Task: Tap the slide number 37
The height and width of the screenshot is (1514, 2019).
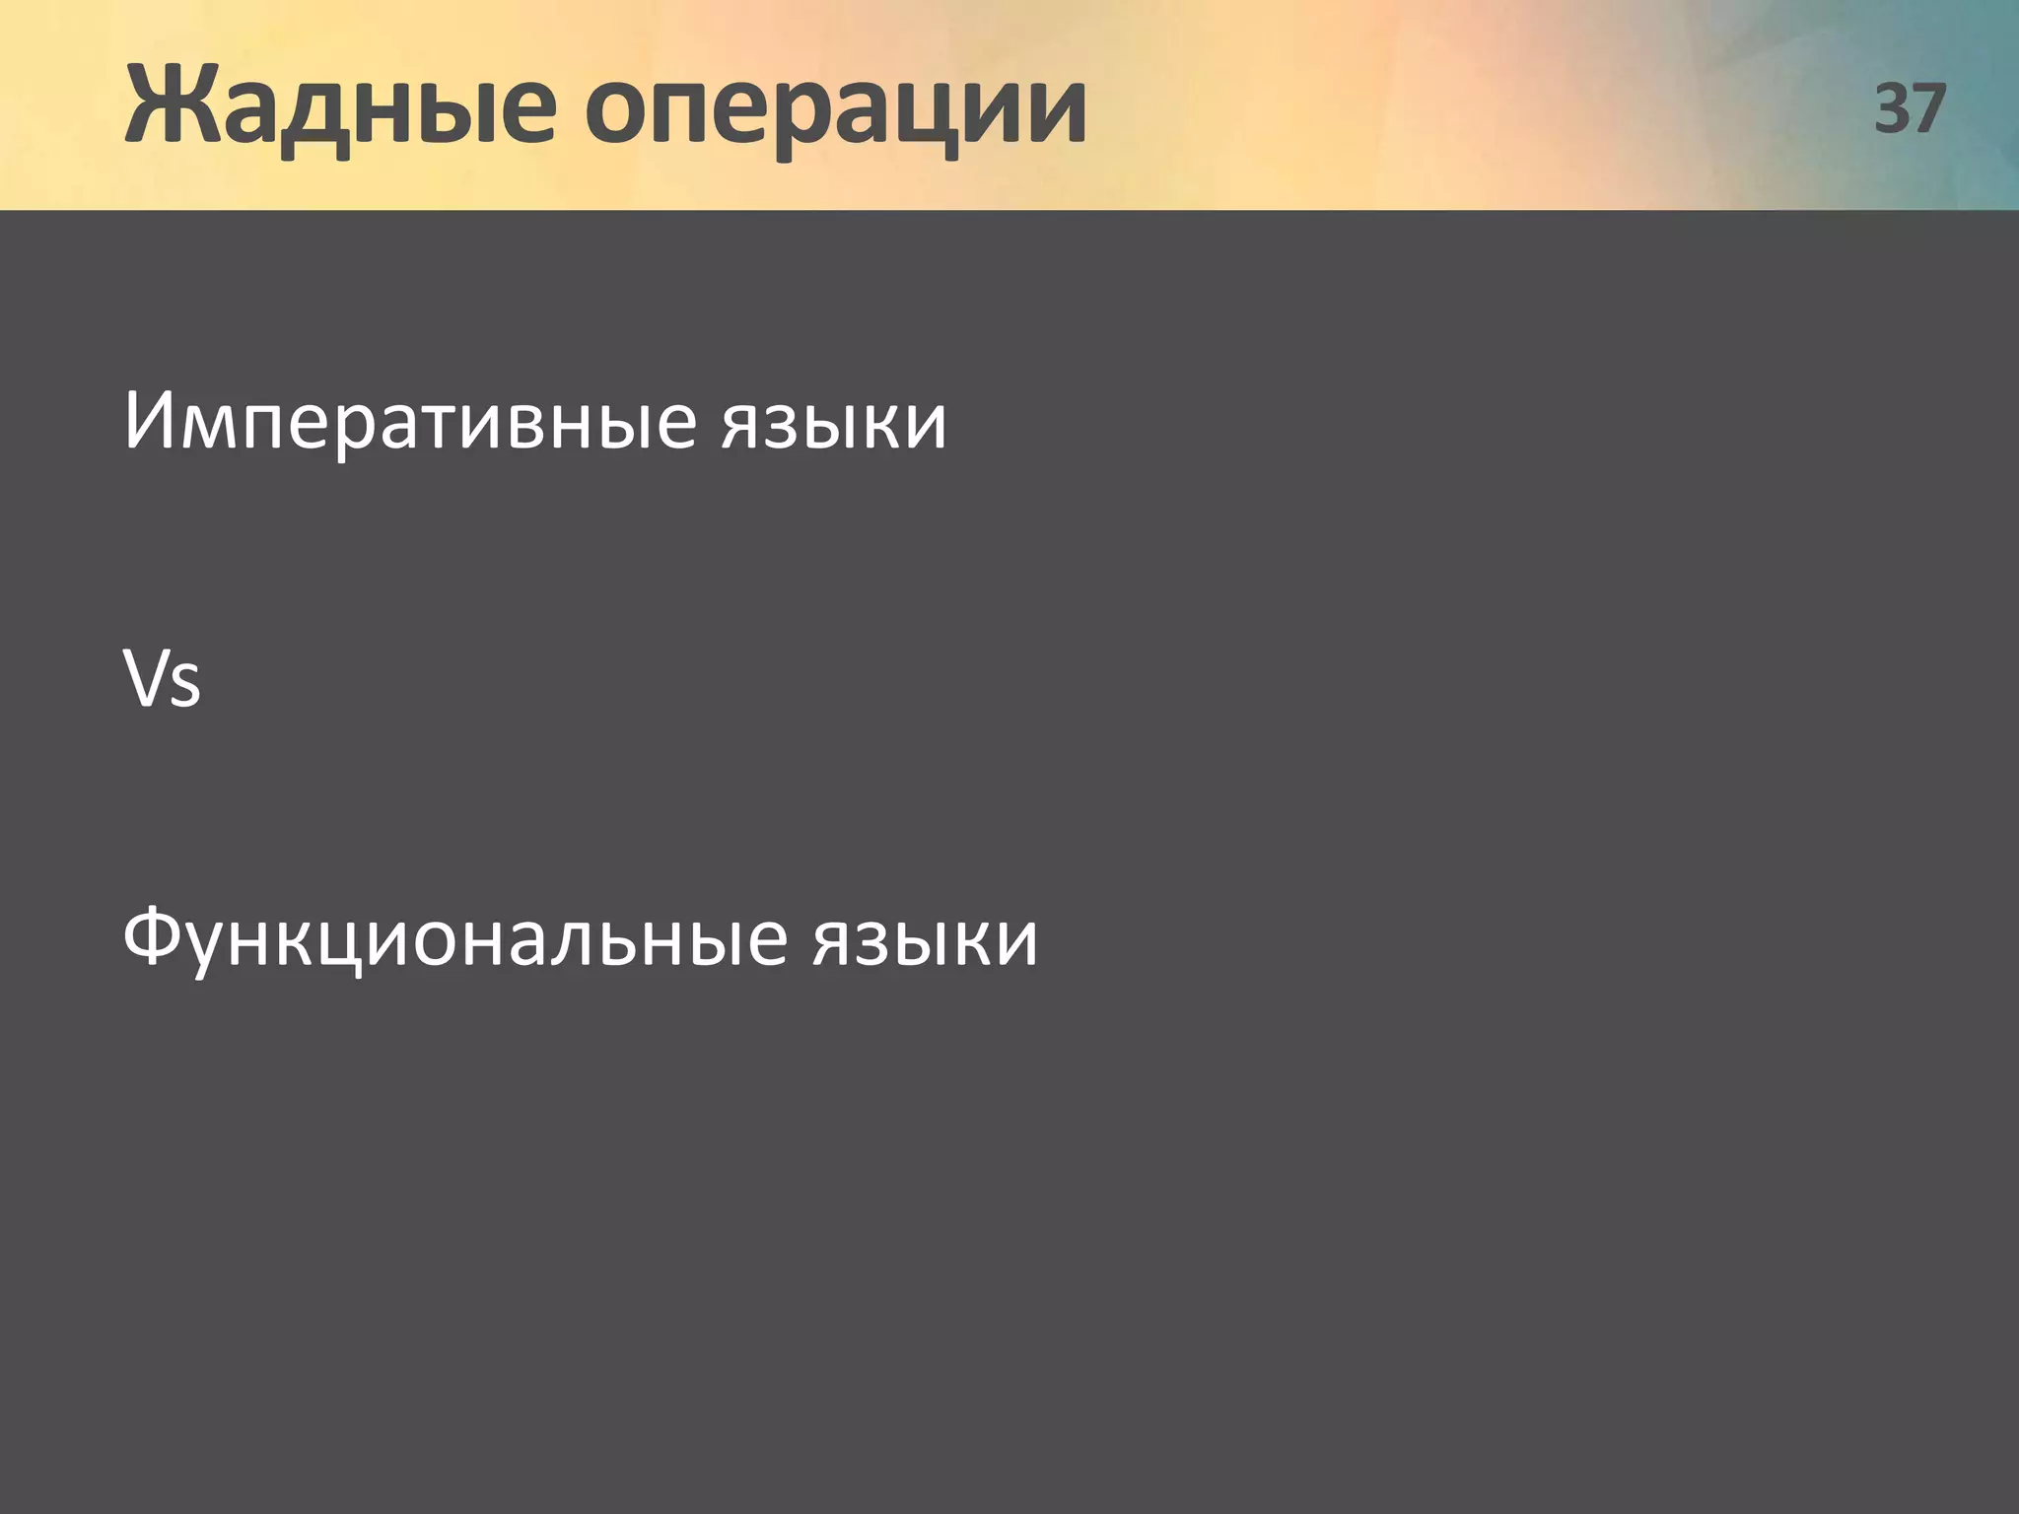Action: [1910, 108]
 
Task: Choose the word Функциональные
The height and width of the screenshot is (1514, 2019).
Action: [454, 938]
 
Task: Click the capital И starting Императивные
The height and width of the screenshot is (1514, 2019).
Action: [149, 420]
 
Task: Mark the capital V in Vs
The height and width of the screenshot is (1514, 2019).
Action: [145, 678]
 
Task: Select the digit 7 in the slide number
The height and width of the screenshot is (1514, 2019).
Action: [1928, 108]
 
